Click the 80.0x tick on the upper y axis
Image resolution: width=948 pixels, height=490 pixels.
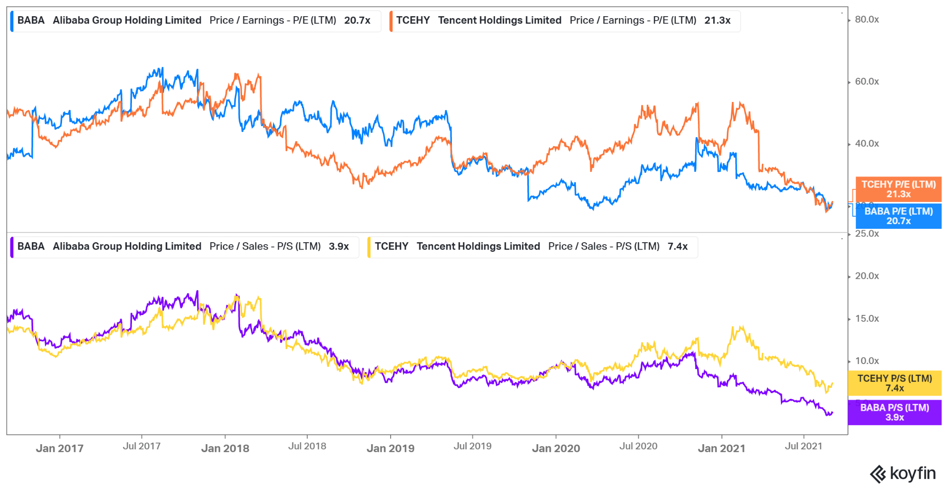[867, 19]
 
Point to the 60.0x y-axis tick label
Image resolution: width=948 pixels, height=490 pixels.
[867, 82]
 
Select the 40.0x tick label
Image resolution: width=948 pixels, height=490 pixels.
[867, 144]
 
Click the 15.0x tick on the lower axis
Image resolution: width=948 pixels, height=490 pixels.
[867, 319]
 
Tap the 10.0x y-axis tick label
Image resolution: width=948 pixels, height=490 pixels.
[867, 361]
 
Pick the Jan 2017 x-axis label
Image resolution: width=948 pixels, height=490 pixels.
[60, 448]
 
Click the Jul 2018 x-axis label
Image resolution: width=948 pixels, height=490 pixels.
[307, 446]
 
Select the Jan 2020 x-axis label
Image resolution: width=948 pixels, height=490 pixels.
[556, 448]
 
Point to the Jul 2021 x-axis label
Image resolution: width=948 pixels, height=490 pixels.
[804, 446]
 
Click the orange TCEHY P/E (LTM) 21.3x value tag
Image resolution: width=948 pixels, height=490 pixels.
[898, 189]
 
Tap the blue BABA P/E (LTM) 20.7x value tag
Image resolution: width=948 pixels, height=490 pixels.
[898, 216]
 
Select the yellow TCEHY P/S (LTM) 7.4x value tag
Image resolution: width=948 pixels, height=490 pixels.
[894, 383]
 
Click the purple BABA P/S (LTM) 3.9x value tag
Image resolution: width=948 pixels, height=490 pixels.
[894, 412]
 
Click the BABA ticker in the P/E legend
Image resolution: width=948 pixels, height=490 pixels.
[31, 20]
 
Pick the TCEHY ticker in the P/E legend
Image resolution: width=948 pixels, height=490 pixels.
[413, 20]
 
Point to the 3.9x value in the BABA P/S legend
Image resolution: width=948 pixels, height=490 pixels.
[339, 246]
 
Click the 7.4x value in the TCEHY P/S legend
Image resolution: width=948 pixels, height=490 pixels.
[678, 246]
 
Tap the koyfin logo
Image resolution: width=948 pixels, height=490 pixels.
[903, 474]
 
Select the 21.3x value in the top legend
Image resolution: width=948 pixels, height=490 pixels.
[717, 20]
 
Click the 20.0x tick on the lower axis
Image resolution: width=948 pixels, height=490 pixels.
[867, 276]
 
